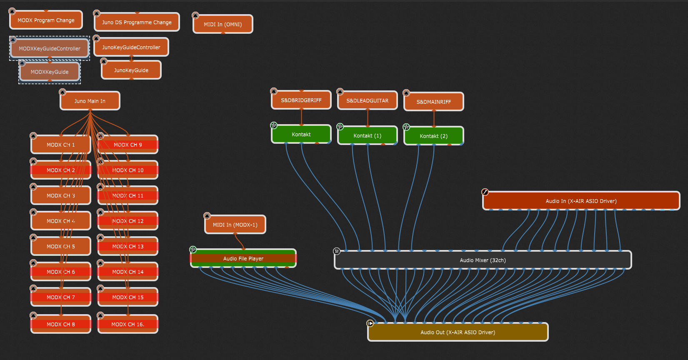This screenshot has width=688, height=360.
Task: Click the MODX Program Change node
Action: coord(46,20)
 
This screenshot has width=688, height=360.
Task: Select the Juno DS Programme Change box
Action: coord(137,22)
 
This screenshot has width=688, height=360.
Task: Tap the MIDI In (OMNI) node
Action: coord(223,24)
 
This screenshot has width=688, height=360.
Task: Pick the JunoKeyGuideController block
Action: coord(131,47)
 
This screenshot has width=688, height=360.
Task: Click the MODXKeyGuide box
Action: coord(49,72)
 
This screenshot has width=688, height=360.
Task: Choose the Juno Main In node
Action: coord(90,101)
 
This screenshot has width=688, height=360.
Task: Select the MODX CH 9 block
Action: coord(128,145)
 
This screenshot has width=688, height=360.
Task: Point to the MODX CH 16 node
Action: coord(128,324)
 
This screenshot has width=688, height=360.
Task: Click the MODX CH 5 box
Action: coord(60,246)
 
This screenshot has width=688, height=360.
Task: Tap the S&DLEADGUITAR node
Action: coord(367,100)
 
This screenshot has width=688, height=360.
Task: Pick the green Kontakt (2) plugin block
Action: coord(433,136)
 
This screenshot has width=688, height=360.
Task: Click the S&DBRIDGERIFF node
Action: coord(301,100)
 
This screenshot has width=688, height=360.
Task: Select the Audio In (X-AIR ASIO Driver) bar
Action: coord(581,201)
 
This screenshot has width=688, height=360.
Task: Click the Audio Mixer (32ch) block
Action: coord(483,260)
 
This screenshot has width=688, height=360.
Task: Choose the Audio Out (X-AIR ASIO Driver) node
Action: coord(458,332)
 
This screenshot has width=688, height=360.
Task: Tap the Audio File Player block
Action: coord(243,258)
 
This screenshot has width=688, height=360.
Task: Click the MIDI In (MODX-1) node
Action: coord(235,225)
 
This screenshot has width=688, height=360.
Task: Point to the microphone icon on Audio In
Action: coord(485,192)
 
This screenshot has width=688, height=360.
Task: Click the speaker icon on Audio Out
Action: coord(370,323)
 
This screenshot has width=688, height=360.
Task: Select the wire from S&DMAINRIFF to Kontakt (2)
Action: coord(434,118)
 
